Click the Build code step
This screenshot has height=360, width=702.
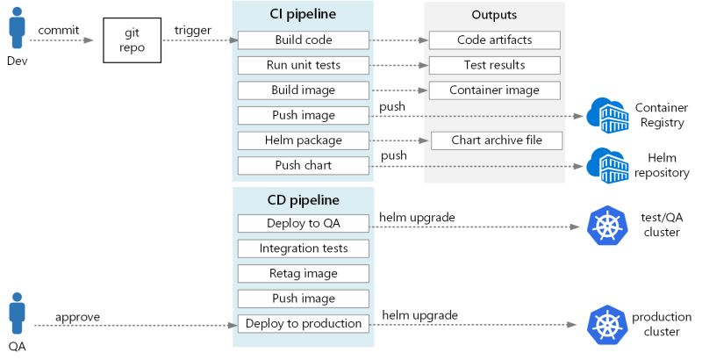tap(304, 40)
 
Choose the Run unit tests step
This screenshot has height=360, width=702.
tap(304, 65)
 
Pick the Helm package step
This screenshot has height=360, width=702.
tap(304, 140)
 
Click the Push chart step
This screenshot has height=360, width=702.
tap(304, 165)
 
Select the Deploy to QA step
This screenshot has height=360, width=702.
tap(304, 224)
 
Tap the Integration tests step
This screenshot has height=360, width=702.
tap(304, 248)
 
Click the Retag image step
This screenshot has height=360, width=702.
tap(304, 273)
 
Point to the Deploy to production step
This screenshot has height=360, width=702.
tap(304, 323)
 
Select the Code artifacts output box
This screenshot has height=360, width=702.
tap(495, 40)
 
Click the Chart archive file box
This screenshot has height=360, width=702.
tap(496, 140)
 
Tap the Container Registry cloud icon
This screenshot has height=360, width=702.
tap(605, 115)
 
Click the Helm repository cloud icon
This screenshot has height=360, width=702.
tap(605, 165)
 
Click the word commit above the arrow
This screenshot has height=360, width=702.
tap(59, 30)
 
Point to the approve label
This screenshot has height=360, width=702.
tap(77, 316)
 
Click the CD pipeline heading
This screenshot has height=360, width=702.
tap(302, 198)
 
